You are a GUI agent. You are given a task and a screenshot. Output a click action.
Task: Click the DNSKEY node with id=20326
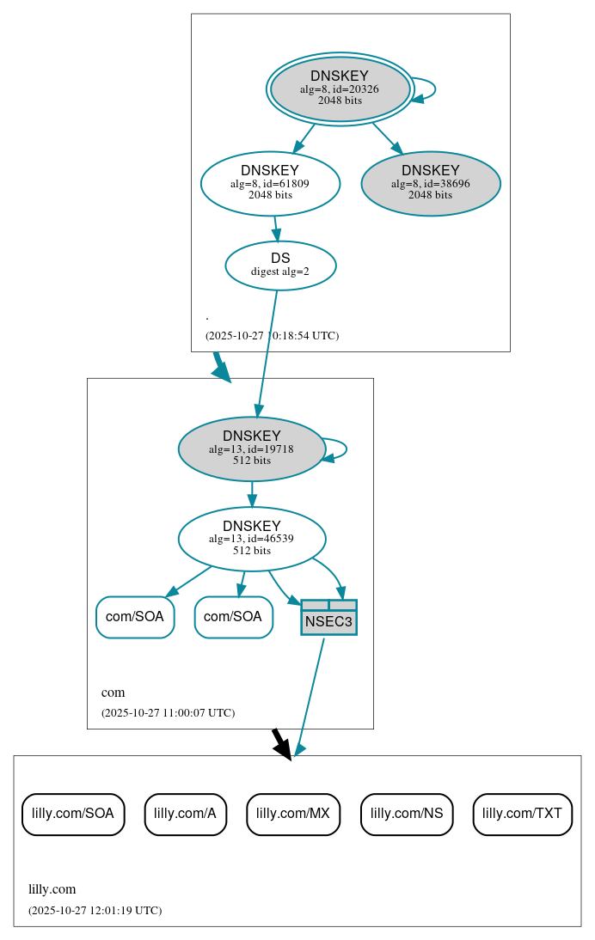click(340, 89)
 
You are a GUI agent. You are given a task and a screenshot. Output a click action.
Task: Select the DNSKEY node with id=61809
click(270, 183)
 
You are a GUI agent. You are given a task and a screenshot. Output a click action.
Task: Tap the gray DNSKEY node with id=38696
click(431, 183)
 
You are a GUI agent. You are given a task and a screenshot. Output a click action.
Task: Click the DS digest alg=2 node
click(280, 266)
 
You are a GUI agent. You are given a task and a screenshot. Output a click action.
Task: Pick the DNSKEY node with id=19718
click(251, 449)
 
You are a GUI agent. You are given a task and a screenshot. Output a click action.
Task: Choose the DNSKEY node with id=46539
click(251, 539)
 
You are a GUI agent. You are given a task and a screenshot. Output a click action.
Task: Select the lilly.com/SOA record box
click(73, 814)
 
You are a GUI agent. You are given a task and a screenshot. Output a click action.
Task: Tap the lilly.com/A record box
click(185, 814)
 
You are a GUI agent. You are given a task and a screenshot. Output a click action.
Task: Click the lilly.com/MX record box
click(293, 814)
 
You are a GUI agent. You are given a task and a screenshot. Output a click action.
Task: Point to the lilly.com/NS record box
click(407, 814)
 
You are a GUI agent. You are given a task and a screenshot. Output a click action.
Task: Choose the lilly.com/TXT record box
click(522, 814)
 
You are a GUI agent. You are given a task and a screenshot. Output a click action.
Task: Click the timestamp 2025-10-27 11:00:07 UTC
click(168, 712)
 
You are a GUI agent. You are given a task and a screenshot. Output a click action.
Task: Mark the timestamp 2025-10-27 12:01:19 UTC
click(95, 910)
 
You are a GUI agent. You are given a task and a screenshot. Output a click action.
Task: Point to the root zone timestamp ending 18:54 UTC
click(272, 335)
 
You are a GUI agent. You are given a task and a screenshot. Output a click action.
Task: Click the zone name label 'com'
click(113, 693)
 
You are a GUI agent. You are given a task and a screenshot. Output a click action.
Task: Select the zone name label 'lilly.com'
click(52, 889)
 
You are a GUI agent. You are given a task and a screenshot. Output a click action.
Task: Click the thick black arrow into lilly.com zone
click(281, 742)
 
